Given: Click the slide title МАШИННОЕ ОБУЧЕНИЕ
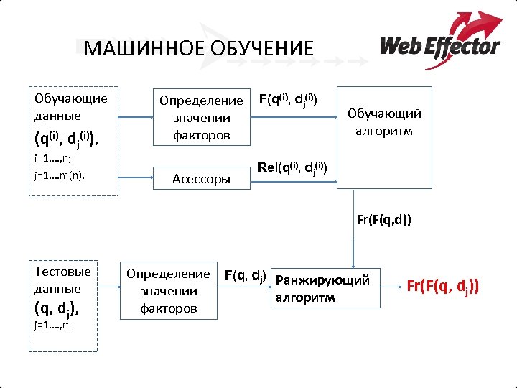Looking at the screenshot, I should [198, 48].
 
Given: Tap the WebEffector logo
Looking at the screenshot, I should [439, 42].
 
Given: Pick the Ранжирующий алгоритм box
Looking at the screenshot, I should [323, 288].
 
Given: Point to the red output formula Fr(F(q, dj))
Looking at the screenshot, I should [442, 287].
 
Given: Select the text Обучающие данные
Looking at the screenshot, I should [70, 106].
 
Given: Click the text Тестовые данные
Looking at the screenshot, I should [62, 280].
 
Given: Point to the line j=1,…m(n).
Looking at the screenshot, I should [60, 173].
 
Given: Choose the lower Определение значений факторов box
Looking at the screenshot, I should [169, 291].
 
